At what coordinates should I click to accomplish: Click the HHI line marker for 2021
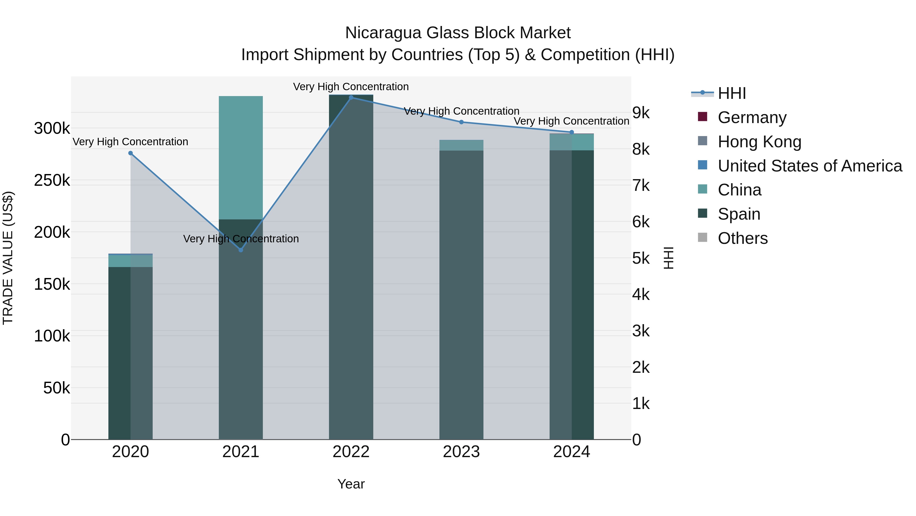click(x=241, y=250)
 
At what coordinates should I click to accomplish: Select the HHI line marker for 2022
click(x=351, y=98)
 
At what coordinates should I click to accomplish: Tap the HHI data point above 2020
click(x=131, y=153)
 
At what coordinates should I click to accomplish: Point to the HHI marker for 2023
click(x=461, y=122)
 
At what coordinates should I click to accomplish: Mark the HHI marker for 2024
click(x=571, y=132)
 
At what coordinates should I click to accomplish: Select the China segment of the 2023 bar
click(x=461, y=145)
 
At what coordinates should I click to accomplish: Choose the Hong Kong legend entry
click(x=759, y=142)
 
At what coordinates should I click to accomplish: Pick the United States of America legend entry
click(x=810, y=166)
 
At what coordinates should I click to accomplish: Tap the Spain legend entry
click(x=739, y=214)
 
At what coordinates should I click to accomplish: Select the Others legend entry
click(x=742, y=238)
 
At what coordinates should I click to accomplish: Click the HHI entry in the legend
click(x=732, y=93)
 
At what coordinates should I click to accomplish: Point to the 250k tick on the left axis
click(x=52, y=181)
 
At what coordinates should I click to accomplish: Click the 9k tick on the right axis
click(x=641, y=113)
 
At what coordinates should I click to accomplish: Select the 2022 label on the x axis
click(x=351, y=452)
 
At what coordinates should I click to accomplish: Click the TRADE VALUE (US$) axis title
click(x=8, y=258)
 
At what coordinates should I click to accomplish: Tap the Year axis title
click(x=351, y=484)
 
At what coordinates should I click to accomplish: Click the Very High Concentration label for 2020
click(x=131, y=142)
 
